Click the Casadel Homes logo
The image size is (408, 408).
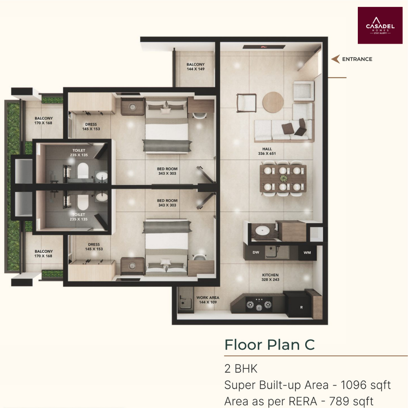click(380, 25)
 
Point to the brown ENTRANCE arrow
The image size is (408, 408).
click(335, 59)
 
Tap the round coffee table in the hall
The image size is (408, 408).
click(273, 102)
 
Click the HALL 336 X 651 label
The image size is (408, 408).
click(267, 151)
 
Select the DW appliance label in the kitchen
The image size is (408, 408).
click(256, 252)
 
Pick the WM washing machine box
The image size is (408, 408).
click(307, 253)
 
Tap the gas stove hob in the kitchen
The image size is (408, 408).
click(259, 304)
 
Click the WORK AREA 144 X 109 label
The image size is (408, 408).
click(208, 300)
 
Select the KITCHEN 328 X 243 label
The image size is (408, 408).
click(271, 277)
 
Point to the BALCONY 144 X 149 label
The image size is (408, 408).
click(196, 67)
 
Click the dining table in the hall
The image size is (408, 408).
click(283, 179)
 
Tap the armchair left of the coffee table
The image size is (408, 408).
click(246, 103)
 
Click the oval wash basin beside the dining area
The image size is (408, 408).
click(262, 230)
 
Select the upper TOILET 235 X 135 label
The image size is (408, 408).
click(79, 153)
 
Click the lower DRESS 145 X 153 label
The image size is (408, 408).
click(94, 247)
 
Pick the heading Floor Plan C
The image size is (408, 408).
click(270, 345)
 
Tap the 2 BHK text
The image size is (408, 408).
click(241, 369)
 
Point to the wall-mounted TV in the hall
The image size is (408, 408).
click(264, 47)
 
